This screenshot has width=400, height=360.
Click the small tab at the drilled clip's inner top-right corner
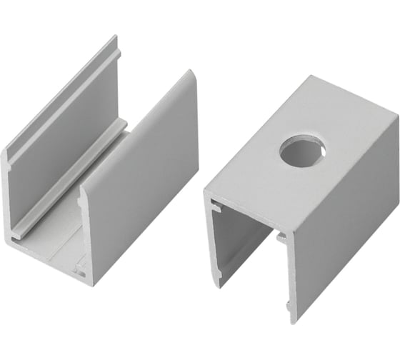pyautogui.click(x=280, y=236)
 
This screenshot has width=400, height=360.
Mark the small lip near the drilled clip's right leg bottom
pyautogui.click(x=288, y=309)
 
